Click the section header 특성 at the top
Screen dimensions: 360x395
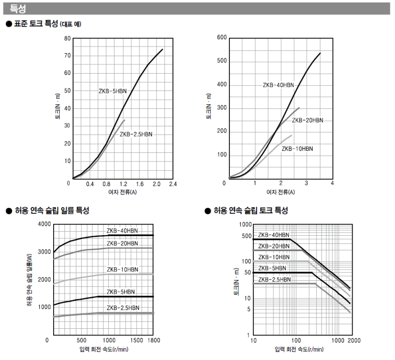[x=18, y=9]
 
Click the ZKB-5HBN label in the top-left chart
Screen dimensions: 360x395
[x=112, y=91]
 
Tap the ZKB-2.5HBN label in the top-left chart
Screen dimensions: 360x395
[x=136, y=134]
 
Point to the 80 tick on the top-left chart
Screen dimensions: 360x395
[x=67, y=38]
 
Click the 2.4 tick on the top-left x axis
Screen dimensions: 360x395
[x=172, y=184]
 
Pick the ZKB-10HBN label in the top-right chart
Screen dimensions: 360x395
[x=297, y=149]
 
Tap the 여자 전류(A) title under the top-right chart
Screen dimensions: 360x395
[x=280, y=192]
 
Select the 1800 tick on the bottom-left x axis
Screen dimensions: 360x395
[x=153, y=340]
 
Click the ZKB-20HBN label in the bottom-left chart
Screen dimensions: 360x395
[x=122, y=243]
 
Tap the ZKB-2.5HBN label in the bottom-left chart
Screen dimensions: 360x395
[x=123, y=308]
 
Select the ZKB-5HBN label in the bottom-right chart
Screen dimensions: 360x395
[x=272, y=268]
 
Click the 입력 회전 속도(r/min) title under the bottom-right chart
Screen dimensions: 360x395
[x=299, y=349]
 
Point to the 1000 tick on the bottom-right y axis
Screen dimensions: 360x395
[x=245, y=224]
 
